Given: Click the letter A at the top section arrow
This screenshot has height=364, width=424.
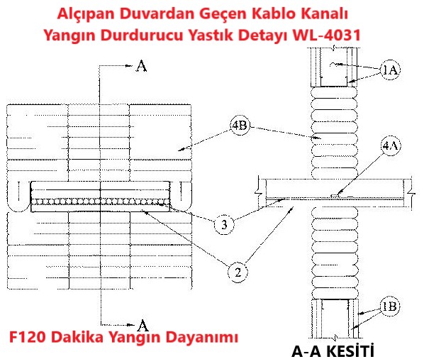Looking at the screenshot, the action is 141,66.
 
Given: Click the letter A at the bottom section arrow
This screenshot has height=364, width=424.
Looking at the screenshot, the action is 143,326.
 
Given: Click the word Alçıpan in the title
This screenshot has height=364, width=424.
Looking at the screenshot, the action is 85,14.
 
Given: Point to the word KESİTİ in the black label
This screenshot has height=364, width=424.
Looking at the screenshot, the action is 350,351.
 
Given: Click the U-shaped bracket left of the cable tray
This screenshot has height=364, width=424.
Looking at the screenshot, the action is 18,208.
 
